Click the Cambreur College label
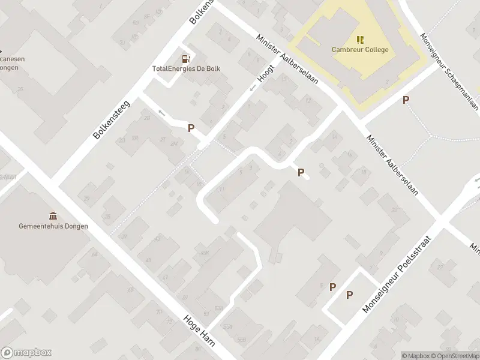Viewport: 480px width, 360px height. click(360, 50)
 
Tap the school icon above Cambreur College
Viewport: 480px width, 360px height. click(360, 40)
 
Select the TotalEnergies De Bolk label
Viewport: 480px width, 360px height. click(186, 68)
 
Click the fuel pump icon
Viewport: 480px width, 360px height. click(186, 59)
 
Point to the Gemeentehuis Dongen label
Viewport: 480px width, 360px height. click(53, 226)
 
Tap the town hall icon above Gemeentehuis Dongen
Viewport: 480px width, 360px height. click(53, 216)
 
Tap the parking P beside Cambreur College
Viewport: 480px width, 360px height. click(406, 100)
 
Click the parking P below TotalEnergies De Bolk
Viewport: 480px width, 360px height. click(191, 128)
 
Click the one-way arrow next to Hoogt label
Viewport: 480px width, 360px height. click(253, 88)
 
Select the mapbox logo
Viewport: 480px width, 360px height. click(26, 353)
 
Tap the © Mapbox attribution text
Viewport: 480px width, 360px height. click(415, 356)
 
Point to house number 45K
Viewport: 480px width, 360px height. click(205, 253)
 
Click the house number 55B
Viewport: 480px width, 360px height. click(241, 340)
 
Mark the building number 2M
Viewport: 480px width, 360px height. click(175, 143)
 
